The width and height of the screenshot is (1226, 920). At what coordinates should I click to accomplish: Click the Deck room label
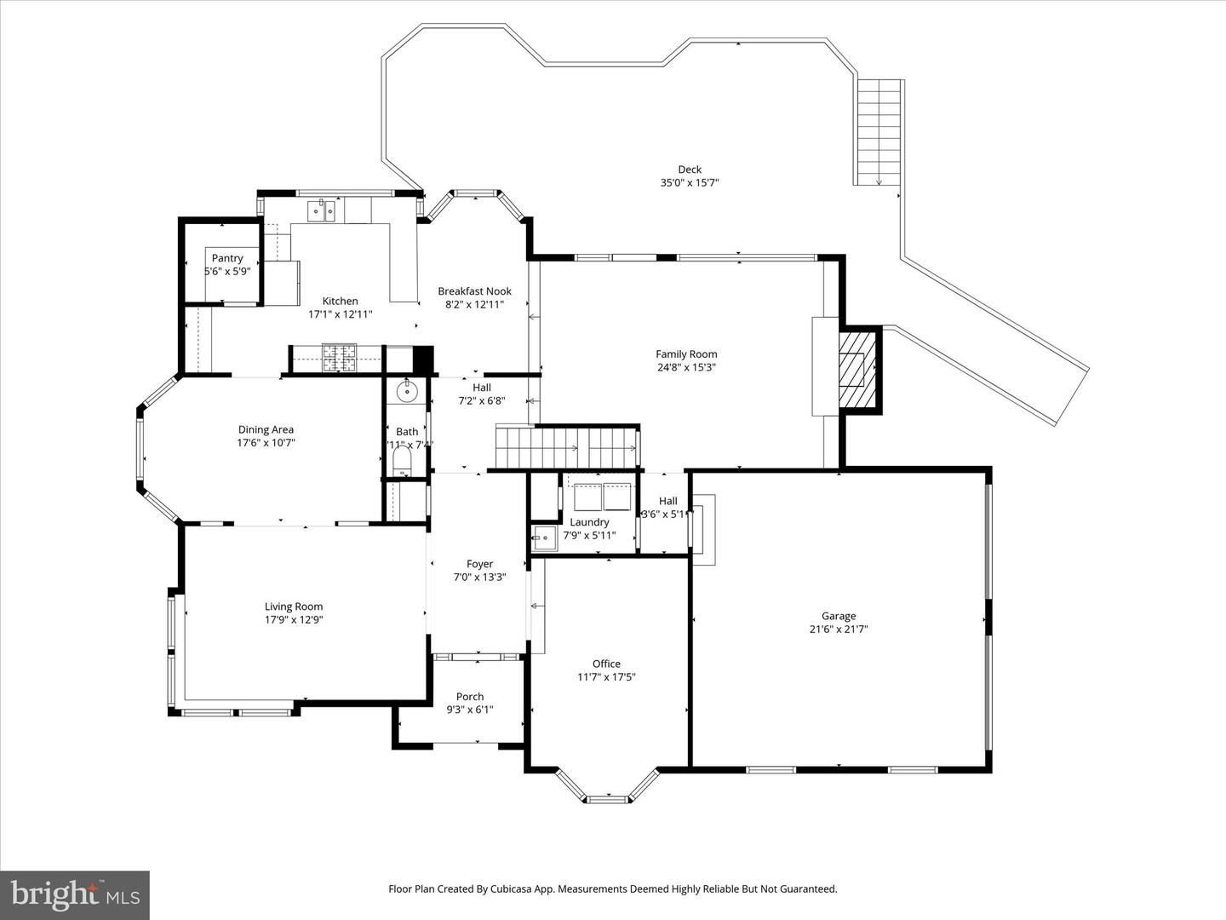pos(690,170)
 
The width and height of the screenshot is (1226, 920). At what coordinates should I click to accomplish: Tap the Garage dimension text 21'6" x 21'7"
pos(839,630)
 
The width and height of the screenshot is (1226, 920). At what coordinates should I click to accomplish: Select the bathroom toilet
pos(402,465)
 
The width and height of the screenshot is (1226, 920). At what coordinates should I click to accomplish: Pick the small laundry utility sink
pos(542,536)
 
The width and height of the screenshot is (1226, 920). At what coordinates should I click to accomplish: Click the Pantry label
pos(227,258)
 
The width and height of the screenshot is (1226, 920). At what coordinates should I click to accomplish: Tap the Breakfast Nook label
pos(474,291)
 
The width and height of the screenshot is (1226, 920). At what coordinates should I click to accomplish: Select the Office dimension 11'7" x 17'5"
pos(606,677)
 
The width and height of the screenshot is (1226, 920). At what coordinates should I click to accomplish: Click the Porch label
pos(470,697)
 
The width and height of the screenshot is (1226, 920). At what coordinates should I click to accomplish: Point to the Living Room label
pos(294,607)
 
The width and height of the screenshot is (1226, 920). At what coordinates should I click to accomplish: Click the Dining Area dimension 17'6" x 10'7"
pos(266,443)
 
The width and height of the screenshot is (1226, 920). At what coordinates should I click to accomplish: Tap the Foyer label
pos(479,564)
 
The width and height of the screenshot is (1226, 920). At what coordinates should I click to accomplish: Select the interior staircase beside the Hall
pos(566,447)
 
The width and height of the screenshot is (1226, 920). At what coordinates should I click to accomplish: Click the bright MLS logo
pos(75,894)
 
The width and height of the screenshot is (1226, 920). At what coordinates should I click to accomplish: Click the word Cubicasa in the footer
pos(513,888)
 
